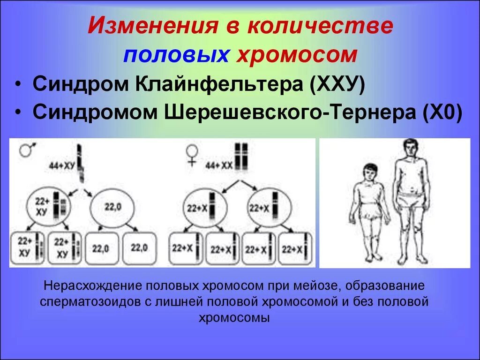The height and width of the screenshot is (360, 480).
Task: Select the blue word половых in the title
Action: (x=176, y=54)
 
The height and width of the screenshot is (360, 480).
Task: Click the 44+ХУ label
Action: (x=62, y=165)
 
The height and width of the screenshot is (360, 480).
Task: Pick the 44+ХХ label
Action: (x=219, y=165)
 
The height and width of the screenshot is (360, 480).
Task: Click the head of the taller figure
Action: (x=411, y=149)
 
